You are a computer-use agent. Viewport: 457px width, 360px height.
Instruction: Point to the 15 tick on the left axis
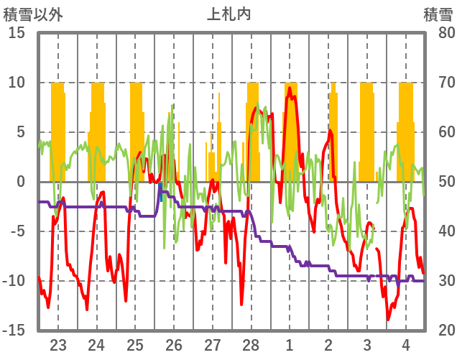click(x=17, y=33)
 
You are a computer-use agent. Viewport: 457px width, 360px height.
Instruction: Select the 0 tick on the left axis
click(x=21, y=182)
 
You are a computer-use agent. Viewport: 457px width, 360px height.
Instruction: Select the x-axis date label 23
click(x=58, y=343)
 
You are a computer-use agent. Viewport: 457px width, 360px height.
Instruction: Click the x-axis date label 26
click(x=174, y=343)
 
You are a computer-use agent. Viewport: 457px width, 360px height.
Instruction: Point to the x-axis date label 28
click(x=251, y=343)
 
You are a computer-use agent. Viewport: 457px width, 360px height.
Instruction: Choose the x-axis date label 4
click(x=406, y=343)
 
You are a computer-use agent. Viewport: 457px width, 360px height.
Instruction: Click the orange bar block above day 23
click(x=57, y=129)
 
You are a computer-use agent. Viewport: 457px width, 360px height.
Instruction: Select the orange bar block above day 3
click(x=367, y=129)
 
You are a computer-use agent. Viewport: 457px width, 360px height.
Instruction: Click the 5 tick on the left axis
click(x=21, y=132)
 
